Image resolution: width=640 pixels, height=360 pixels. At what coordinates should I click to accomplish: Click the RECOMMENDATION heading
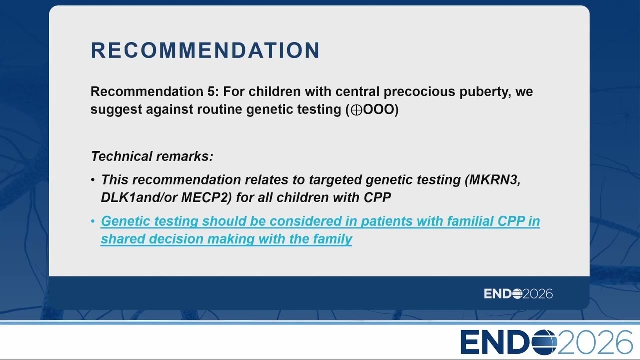[x=205, y=50]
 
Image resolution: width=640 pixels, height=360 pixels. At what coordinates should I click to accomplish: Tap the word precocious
[x=419, y=92]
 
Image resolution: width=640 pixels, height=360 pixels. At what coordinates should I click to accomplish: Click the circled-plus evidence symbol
[x=356, y=110]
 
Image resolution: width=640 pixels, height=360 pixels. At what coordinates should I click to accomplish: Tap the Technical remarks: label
[x=152, y=156]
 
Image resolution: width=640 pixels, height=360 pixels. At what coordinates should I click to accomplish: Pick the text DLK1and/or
[x=139, y=197]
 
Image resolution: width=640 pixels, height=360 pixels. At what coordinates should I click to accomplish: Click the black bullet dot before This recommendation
[x=93, y=180]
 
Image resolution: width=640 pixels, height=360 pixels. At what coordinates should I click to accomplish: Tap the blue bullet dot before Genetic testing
[x=93, y=221]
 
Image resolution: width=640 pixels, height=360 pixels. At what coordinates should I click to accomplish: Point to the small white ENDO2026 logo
[x=518, y=294]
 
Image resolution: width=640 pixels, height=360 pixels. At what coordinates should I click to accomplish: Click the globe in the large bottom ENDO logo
[x=544, y=342]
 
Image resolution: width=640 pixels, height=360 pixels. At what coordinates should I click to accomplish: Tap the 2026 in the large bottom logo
[x=595, y=342]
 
